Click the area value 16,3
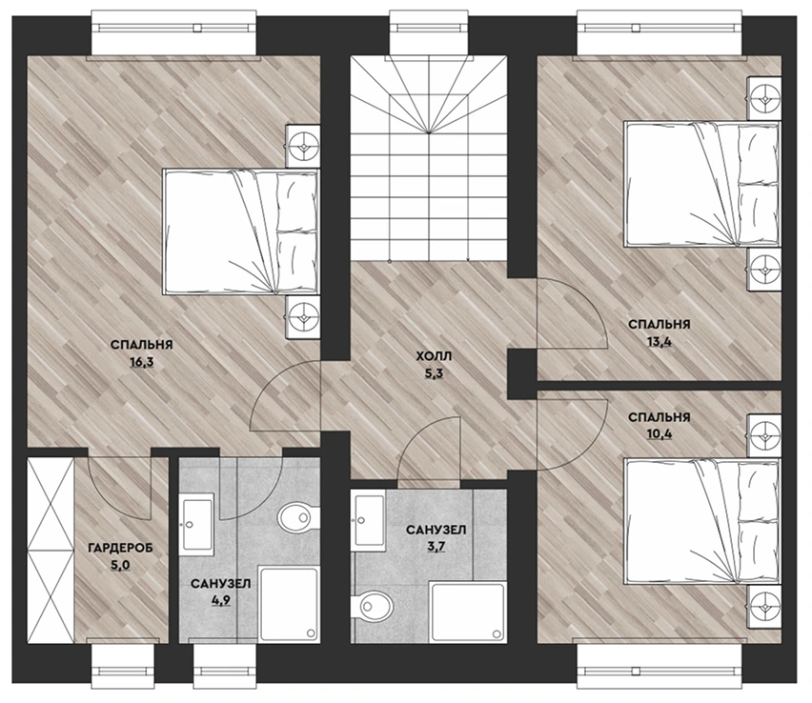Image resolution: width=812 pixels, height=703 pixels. click(142, 362)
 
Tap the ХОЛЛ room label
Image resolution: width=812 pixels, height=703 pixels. click(434, 356)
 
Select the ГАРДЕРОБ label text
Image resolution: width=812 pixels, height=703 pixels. click(121, 548)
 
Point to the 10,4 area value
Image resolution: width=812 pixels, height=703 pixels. click(660, 433)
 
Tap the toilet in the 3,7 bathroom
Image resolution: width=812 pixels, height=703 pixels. click(371, 605)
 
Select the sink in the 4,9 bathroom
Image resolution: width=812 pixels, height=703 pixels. click(196, 524)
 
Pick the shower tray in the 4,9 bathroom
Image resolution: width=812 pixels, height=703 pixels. click(288, 605)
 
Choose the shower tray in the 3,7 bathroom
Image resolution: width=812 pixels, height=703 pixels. click(467, 612)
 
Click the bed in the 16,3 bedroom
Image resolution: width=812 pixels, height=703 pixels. click(241, 231)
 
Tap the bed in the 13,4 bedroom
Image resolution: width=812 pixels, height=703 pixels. click(701, 184)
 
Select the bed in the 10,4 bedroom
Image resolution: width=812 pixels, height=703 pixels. click(701, 521)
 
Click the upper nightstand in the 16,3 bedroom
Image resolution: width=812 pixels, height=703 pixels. click(302, 146)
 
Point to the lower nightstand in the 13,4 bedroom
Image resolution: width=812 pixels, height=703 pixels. click(763, 270)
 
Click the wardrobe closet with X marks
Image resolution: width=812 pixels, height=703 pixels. click(51, 551)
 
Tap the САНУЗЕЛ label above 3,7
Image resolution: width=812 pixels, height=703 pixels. click(436, 530)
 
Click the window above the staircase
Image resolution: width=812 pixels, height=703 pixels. click(429, 32)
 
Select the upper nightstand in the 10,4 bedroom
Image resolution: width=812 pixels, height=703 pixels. click(763, 435)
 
